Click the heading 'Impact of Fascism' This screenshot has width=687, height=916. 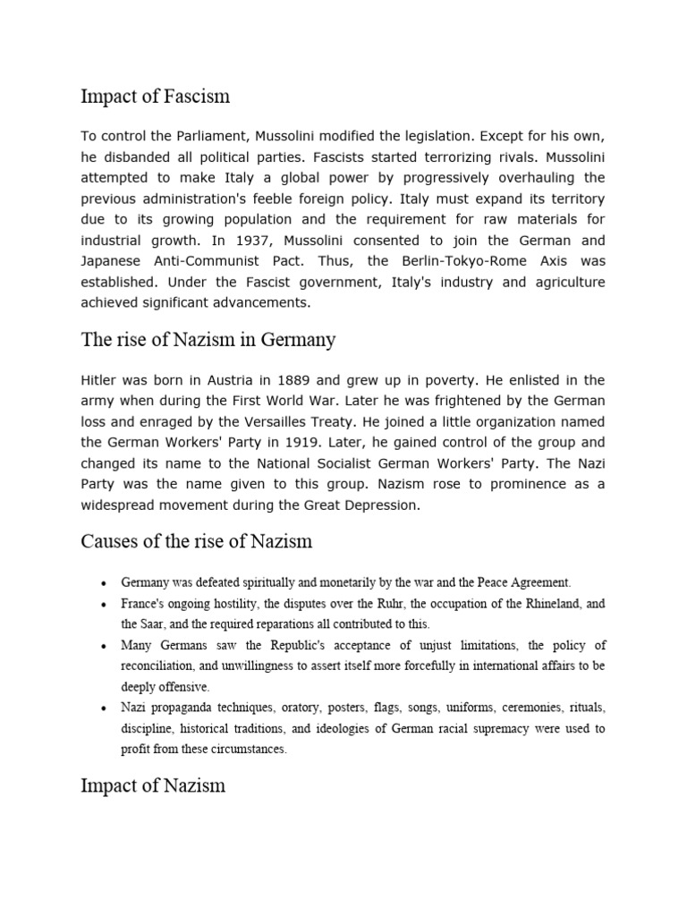[x=156, y=96]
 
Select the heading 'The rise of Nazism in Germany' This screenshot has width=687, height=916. [x=208, y=340]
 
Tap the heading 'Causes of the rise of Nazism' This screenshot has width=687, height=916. [x=196, y=541]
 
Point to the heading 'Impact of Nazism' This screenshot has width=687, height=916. [x=153, y=785]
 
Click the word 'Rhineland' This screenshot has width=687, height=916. [x=545, y=603]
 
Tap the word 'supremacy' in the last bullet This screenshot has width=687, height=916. [x=481, y=728]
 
